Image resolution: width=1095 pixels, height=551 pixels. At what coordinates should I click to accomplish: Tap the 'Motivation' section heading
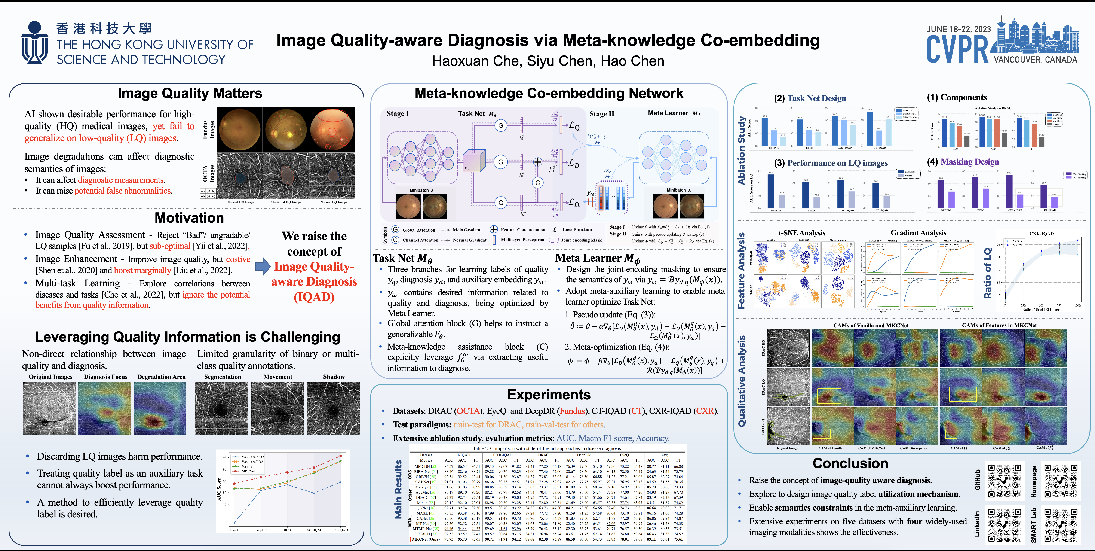(x=189, y=218)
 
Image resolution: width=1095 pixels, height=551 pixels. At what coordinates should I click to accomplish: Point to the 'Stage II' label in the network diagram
(x=601, y=114)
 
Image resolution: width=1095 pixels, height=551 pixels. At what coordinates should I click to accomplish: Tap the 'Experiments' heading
(x=549, y=395)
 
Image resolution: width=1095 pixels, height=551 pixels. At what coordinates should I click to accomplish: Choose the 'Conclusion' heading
(x=850, y=463)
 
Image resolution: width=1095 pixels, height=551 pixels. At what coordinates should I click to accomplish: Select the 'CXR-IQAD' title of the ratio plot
(x=1042, y=234)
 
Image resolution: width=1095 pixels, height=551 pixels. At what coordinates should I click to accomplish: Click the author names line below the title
(x=548, y=61)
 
